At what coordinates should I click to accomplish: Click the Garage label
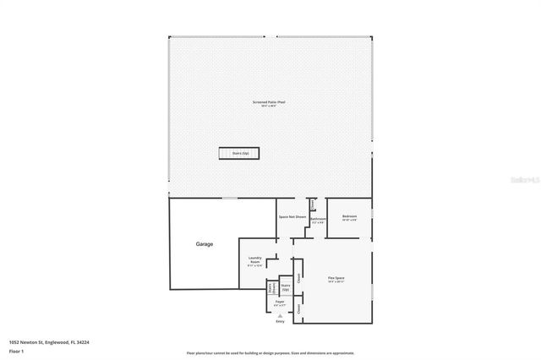pyautogui.click(x=205, y=244)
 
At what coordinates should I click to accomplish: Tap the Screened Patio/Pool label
pyautogui.click(x=270, y=103)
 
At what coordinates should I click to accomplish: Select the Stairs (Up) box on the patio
pyautogui.click(x=240, y=153)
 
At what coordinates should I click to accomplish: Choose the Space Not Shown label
pyautogui.click(x=292, y=216)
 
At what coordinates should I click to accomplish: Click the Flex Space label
pyautogui.click(x=337, y=278)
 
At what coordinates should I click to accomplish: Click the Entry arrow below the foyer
pyautogui.click(x=280, y=315)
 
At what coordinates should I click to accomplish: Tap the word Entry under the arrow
pyautogui.click(x=280, y=322)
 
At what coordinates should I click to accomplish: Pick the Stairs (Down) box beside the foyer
pyautogui.click(x=270, y=288)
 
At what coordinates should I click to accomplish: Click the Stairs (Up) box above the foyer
pyautogui.click(x=286, y=286)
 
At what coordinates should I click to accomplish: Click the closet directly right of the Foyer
pyautogui.click(x=298, y=308)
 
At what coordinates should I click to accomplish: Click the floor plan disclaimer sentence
pyautogui.click(x=270, y=352)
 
